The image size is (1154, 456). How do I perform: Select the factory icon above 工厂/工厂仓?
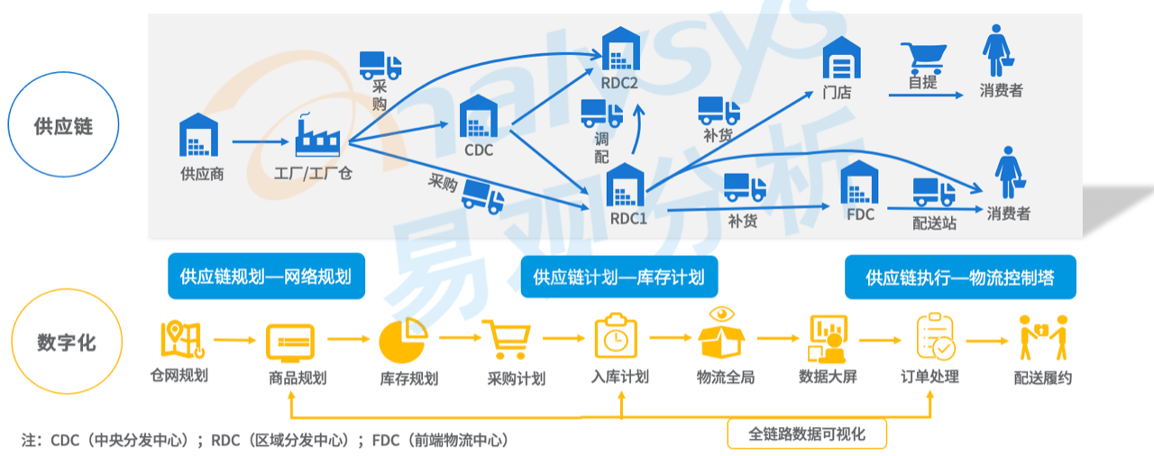click(x=317, y=135)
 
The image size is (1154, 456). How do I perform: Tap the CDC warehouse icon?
click(x=478, y=116)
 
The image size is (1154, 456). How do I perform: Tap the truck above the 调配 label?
click(x=601, y=113)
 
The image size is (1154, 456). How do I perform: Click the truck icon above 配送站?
click(x=934, y=192)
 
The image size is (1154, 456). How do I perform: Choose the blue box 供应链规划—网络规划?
click(x=266, y=276)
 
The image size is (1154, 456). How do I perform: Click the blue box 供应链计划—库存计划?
click(x=618, y=276)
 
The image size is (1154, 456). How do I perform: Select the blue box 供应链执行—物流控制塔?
click(x=960, y=276)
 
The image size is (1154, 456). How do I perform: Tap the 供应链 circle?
click(x=63, y=125)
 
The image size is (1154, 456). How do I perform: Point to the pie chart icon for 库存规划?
click(x=401, y=341)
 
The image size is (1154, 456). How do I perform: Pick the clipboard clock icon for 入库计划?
click(x=615, y=337)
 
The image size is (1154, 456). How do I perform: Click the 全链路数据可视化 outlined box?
click(x=807, y=434)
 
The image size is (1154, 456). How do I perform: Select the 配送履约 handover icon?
click(x=1043, y=339)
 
